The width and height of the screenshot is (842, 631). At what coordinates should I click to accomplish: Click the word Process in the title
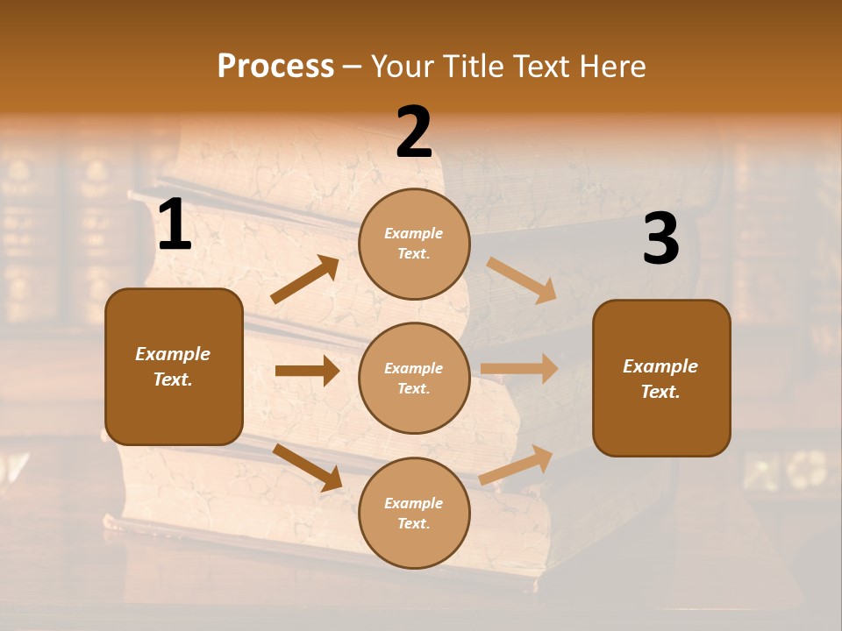tap(275, 67)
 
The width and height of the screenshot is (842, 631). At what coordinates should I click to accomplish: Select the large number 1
tap(175, 226)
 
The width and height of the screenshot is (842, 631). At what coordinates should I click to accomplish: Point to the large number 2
tap(414, 132)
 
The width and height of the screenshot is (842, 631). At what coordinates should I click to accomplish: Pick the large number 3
tap(660, 239)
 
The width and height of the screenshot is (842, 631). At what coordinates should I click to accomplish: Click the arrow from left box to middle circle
tap(307, 371)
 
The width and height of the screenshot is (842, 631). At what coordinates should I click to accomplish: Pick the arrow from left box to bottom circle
tap(307, 467)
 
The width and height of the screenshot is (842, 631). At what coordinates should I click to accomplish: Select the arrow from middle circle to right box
tap(519, 368)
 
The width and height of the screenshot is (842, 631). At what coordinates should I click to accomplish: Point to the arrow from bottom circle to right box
tap(517, 464)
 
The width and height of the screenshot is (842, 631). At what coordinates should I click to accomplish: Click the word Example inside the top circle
tap(414, 233)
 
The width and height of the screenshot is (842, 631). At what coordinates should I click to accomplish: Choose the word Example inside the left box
tap(173, 354)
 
